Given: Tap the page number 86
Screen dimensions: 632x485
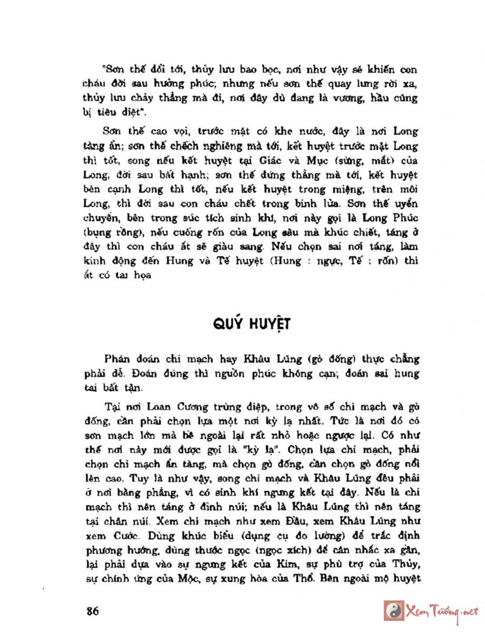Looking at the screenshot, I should click(x=92, y=610).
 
